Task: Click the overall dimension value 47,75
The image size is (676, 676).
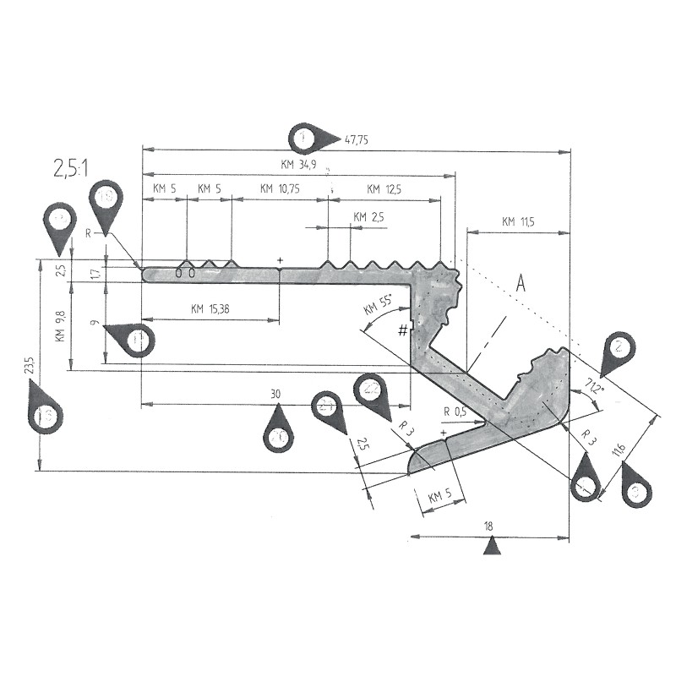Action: (357, 139)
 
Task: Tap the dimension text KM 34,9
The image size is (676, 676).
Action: (297, 166)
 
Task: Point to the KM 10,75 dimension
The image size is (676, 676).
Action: (280, 188)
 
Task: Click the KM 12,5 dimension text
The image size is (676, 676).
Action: (382, 188)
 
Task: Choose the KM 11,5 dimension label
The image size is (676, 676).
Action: (519, 222)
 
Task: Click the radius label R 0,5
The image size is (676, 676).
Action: (455, 412)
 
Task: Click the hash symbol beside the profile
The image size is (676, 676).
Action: (403, 329)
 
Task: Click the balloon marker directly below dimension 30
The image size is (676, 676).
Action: (278, 433)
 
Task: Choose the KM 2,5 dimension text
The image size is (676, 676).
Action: (368, 217)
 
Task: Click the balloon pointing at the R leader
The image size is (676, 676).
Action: (106, 200)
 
